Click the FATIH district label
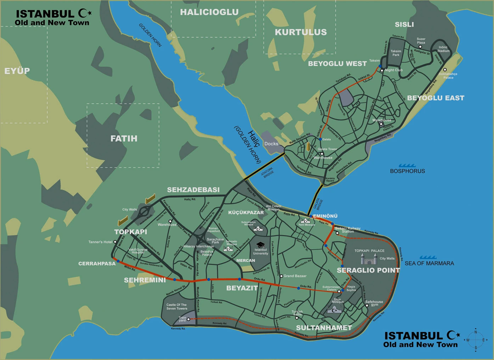[x=124, y=139]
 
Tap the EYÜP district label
[x=17, y=71]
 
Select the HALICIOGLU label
[x=209, y=12]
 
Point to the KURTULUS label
[x=301, y=32]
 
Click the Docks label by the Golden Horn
[x=271, y=144]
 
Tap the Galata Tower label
[x=327, y=149]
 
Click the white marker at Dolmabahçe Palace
[x=445, y=70]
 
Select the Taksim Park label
[x=396, y=53]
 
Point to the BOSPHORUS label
[x=407, y=171]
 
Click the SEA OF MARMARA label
[x=429, y=264]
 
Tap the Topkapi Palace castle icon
[x=369, y=260]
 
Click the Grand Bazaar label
[x=295, y=276]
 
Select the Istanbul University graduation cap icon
[x=260, y=245]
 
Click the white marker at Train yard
[x=188, y=319]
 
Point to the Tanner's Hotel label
[x=100, y=242]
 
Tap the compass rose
[x=476, y=340]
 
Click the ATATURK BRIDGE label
[x=268, y=173]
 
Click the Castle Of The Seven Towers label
[x=176, y=306]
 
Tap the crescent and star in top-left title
[x=85, y=13]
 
